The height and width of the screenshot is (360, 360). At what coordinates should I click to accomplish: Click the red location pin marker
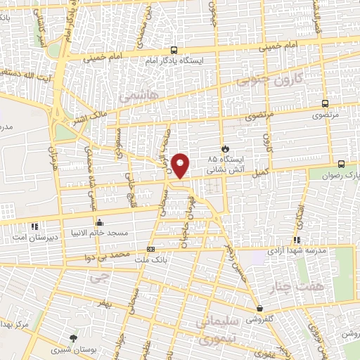pos(181,166)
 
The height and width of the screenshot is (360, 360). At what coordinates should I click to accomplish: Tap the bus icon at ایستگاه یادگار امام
pos(174,50)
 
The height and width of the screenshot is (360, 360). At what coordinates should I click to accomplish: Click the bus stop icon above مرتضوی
pos(324,103)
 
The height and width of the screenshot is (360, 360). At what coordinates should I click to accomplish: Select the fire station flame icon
pos(225,148)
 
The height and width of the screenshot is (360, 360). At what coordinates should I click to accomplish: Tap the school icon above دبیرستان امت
pos(33,226)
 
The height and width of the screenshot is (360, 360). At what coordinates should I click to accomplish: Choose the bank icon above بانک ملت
pos(150,250)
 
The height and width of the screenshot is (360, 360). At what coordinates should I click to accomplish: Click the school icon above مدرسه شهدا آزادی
pos(296,240)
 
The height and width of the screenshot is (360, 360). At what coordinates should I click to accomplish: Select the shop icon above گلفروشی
pos(260,308)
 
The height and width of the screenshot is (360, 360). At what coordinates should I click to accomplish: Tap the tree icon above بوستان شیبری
pos(74,338)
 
